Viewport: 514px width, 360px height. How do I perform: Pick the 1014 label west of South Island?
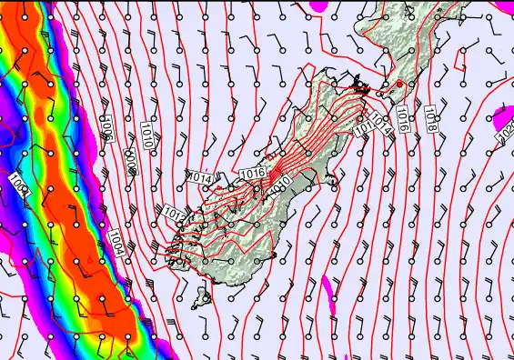coord(201,178)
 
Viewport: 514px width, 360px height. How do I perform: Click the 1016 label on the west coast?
coord(252,172)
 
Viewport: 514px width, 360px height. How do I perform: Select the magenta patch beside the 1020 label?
coord(499,115)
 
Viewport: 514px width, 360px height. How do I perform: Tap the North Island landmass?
coord(400,45)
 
